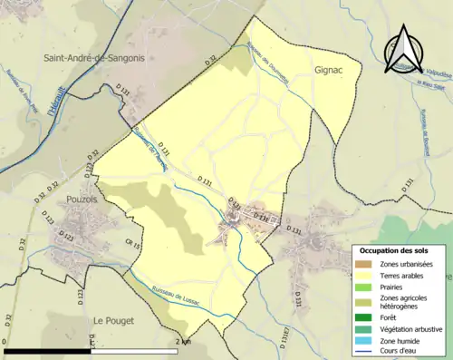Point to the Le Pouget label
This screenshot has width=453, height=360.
click(x=114, y=321)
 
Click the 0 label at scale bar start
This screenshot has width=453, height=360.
click(x=6, y=342)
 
